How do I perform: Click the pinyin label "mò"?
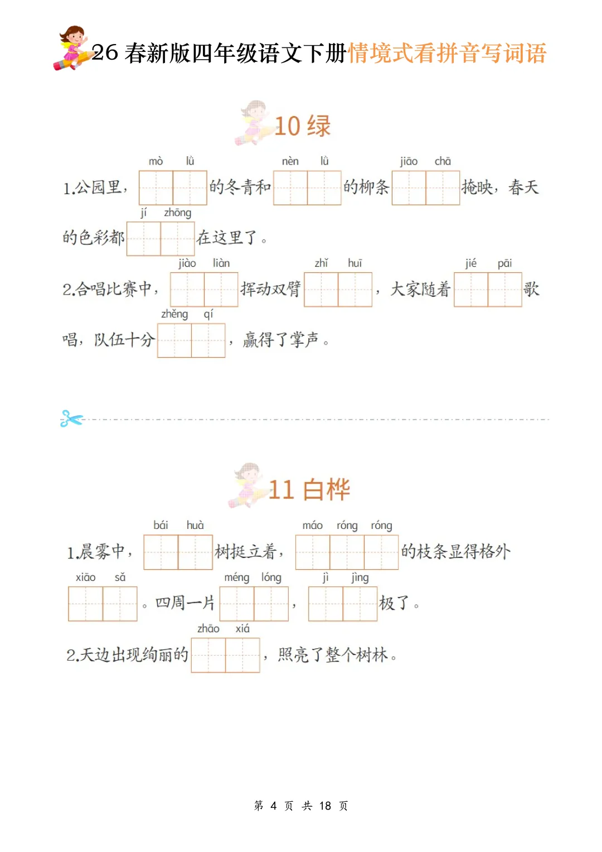[156, 161]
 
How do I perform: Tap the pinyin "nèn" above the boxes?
[290, 161]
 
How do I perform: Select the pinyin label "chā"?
[443, 161]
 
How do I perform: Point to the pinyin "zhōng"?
[177, 213]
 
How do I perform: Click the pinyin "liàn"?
[221, 263]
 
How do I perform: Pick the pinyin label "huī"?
[355, 263]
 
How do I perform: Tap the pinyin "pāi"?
[504, 263]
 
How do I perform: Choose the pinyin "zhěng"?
[174, 314]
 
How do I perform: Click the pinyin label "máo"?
[312, 526]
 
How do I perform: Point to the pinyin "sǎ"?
[120, 577]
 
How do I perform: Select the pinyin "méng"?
[236, 577]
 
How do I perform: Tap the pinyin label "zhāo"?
[208, 629]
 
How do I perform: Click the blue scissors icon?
[71, 418]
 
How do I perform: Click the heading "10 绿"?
[303, 126]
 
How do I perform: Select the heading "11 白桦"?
[309, 490]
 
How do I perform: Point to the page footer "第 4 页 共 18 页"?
[301, 806]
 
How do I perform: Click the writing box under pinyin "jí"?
[144, 239]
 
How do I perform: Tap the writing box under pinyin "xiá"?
[243, 655]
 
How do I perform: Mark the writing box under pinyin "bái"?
[161, 552]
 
